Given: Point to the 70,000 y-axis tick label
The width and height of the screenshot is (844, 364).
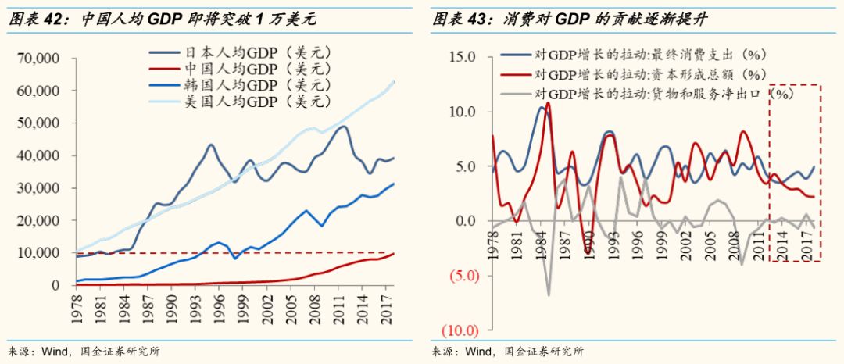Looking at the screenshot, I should pos(38,59).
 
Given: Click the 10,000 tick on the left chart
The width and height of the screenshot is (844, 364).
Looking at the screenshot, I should pos(38,253).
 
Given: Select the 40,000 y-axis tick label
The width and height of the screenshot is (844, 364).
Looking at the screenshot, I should pos(38,155).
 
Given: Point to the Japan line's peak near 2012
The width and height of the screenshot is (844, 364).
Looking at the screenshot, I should pos(342,127).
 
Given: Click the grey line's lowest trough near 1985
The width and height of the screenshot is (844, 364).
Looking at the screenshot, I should pos(549,295).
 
